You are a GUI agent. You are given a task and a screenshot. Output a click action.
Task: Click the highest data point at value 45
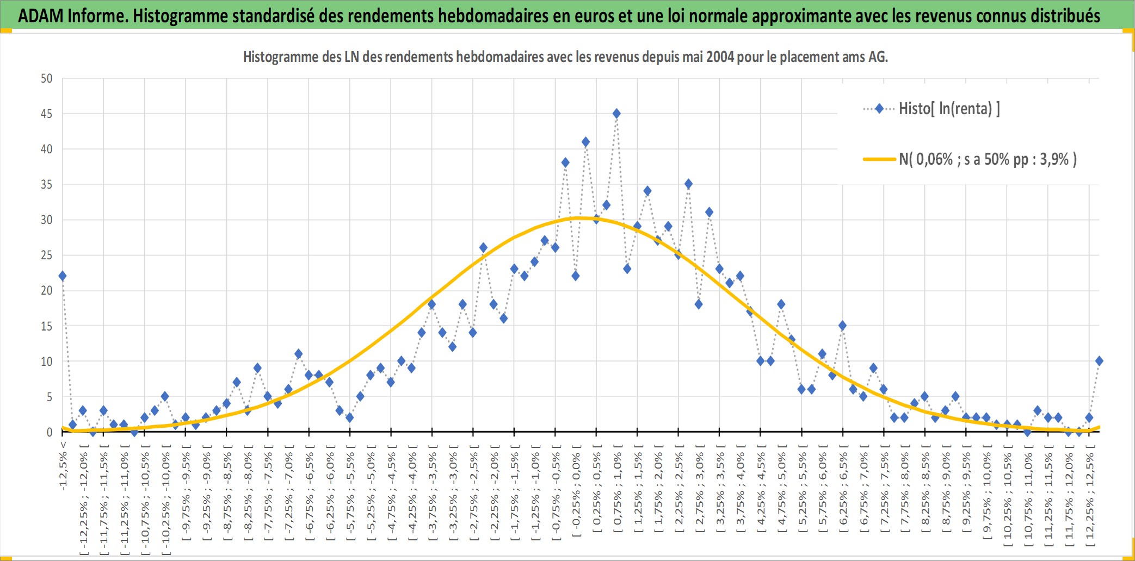[616, 114]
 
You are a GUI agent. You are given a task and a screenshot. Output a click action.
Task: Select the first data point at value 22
[63, 276]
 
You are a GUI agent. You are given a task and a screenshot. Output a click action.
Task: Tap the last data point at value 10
[1099, 361]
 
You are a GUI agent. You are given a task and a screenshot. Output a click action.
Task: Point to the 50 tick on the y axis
[47, 78]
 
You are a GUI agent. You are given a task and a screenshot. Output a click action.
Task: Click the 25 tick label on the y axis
[47, 255]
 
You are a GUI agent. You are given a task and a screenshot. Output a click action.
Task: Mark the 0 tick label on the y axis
[50, 432]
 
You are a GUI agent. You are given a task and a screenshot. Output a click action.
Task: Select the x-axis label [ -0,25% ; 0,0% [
[576, 491]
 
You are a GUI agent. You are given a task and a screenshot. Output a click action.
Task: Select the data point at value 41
[585, 142]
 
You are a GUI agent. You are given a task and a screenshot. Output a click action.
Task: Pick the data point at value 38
[565, 163]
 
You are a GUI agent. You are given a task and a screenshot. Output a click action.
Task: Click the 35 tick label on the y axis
[47, 184]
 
